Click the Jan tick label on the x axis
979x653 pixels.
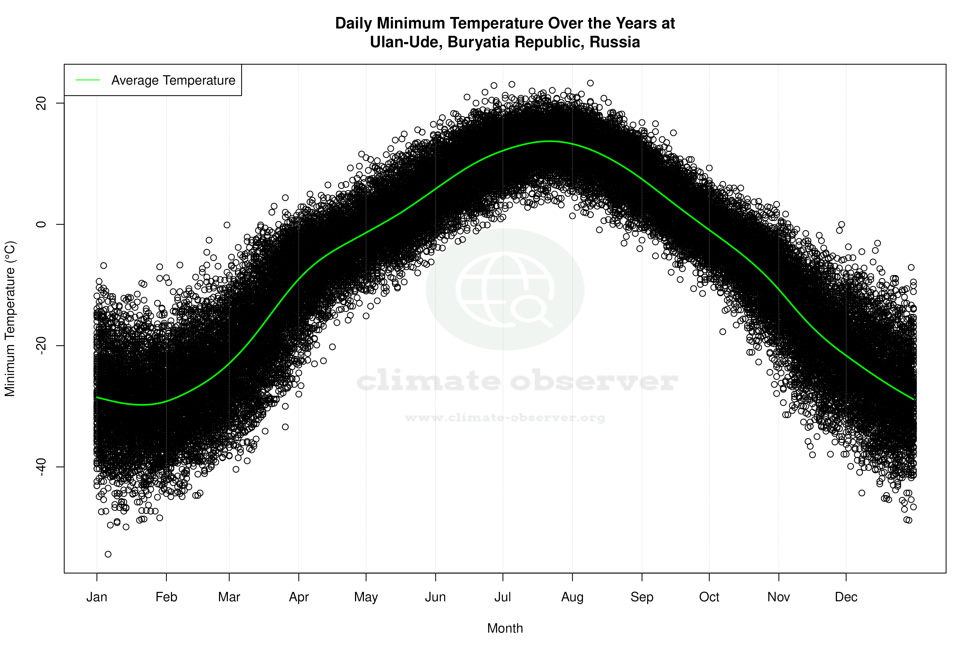click(x=97, y=597)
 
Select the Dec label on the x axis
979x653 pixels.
click(x=846, y=597)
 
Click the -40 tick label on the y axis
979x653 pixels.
click(x=41, y=467)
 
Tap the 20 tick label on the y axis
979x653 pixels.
click(x=41, y=103)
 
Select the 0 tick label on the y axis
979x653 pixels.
click(x=41, y=224)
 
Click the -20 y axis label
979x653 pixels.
click(x=41, y=346)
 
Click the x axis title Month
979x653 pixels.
click(x=505, y=628)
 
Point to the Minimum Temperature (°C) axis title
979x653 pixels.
click(x=10, y=319)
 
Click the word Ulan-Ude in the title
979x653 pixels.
click(x=406, y=42)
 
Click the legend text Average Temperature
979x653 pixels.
click(x=173, y=80)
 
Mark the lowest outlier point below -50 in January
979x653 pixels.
click(x=108, y=554)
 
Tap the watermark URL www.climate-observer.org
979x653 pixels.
click(x=505, y=417)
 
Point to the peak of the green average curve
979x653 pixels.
click(x=550, y=141)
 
